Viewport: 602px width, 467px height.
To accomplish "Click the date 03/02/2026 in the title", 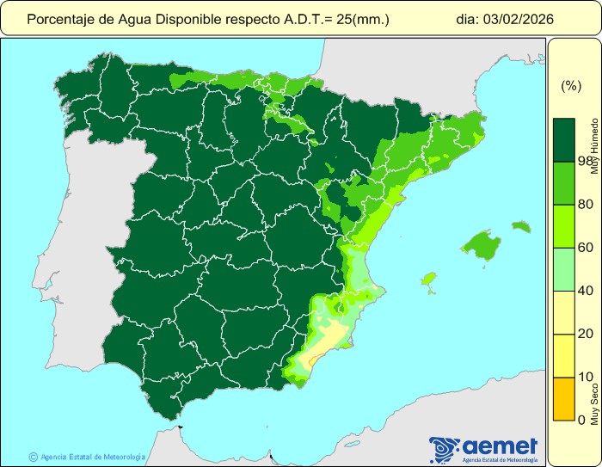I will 516,18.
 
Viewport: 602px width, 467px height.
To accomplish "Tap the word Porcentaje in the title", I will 58,18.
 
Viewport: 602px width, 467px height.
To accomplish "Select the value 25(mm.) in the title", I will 360,18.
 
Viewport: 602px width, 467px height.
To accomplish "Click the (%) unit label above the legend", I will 571,85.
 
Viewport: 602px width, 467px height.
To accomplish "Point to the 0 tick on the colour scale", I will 582,420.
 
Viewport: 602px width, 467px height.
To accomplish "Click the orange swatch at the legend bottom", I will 563,398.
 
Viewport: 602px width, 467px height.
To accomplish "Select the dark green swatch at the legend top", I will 563,139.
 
